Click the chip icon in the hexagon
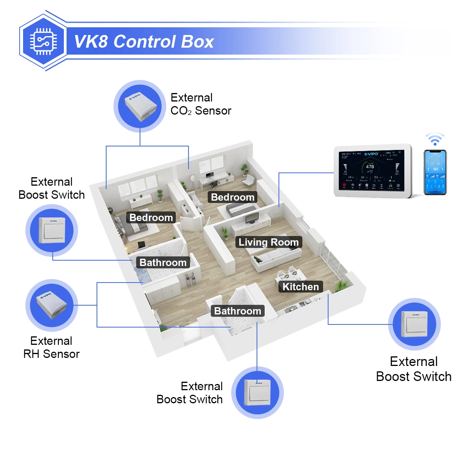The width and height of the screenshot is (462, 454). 43,42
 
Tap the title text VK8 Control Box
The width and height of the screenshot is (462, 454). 144,42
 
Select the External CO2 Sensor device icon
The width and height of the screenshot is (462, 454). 140,106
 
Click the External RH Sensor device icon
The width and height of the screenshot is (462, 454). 52,305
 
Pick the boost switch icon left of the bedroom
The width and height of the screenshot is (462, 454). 52,231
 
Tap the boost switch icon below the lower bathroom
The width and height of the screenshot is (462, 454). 257,392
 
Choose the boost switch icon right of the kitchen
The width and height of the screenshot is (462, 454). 414,324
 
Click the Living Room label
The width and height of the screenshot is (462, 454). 269,242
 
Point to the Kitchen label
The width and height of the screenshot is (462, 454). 300,287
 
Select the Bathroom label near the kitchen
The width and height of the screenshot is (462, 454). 237,311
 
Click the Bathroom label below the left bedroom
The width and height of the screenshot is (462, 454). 163,263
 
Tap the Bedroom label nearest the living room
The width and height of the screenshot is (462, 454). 233,197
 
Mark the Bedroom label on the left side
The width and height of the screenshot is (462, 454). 151,218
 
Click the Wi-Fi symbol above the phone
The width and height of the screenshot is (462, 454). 435,139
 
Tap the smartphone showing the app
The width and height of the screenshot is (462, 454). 435,172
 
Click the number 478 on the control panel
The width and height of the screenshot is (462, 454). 370,166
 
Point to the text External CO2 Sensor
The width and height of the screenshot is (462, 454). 200,104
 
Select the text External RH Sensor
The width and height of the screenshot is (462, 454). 52,348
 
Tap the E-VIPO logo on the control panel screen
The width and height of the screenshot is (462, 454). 371,154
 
